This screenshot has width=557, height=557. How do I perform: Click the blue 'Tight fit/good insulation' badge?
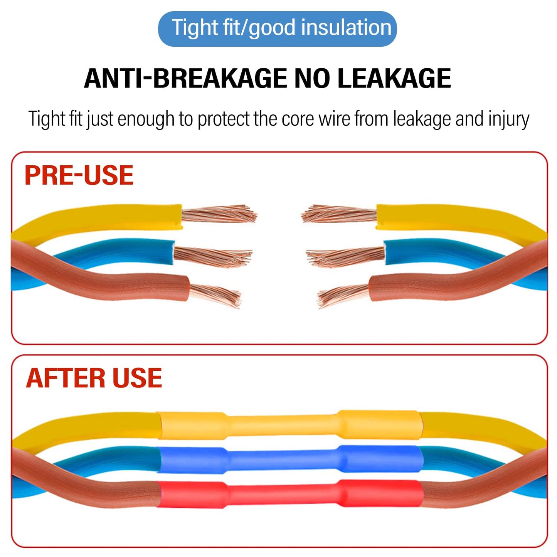pyautogui.click(x=277, y=29)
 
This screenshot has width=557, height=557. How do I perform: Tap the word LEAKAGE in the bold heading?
pyautogui.click(x=394, y=78)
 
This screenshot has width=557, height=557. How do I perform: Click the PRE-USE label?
pyautogui.click(x=79, y=175)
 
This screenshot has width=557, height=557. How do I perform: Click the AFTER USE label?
pyautogui.click(x=94, y=378)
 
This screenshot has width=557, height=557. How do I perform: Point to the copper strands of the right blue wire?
pyautogui.click(x=345, y=256)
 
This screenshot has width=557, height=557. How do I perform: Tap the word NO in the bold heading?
pyautogui.click(x=312, y=78)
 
